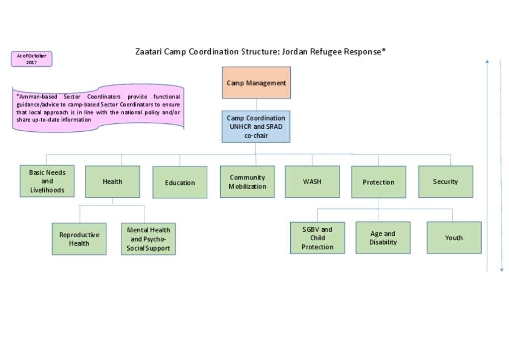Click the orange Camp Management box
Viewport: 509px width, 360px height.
click(x=256, y=83)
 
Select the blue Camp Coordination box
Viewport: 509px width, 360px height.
click(x=256, y=127)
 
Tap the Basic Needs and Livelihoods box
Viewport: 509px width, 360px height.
click(x=47, y=181)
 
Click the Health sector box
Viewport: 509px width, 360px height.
click(x=112, y=182)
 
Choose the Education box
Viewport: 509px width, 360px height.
click(x=180, y=182)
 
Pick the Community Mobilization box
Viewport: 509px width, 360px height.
click(x=248, y=182)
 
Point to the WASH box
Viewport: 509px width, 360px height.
click(x=312, y=182)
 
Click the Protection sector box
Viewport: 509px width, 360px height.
click(x=378, y=182)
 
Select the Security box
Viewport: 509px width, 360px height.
click(x=445, y=182)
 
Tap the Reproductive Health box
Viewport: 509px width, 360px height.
click(x=79, y=239)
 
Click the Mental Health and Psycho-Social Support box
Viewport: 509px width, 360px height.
click(x=148, y=239)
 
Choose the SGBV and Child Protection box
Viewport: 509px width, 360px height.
click(x=318, y=238)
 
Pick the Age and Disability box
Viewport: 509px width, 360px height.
click(x=383, y=238)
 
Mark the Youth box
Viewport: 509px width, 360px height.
click(x=454, y=238)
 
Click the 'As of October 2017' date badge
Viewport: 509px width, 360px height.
click(x=31, y=59)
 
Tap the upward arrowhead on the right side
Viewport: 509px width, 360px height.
click(x=487, y=61)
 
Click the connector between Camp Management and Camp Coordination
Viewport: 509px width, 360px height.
click(x=256, y=104)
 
